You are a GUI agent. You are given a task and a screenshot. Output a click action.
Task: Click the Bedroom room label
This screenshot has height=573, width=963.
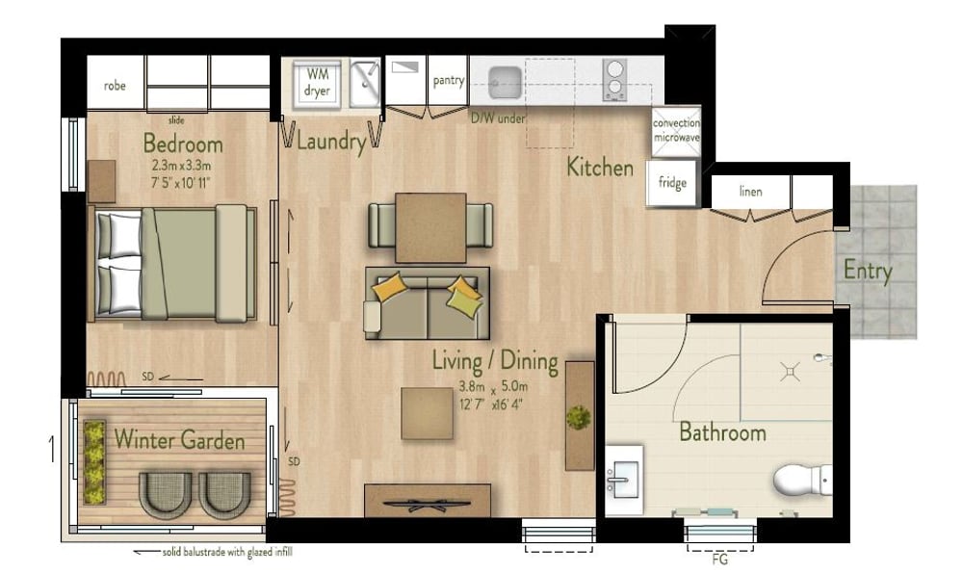183,143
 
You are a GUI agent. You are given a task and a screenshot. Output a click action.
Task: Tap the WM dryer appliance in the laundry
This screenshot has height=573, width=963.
317,84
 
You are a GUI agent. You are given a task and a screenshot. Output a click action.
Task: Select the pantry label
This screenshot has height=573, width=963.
449,81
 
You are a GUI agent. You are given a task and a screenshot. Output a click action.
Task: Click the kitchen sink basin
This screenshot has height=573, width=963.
506,82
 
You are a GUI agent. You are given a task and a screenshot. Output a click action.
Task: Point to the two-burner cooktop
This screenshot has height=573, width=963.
614,80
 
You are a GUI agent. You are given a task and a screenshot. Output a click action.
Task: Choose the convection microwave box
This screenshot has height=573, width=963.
676,131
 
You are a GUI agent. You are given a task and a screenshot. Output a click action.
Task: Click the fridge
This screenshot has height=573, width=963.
672,182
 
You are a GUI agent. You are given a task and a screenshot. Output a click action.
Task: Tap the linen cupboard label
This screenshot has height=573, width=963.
750,192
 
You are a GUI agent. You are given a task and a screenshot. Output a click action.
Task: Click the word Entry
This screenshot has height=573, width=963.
868,271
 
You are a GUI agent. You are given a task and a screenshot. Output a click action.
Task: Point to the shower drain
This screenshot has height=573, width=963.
790,371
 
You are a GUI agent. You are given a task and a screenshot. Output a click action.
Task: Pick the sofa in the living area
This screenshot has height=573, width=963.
428,302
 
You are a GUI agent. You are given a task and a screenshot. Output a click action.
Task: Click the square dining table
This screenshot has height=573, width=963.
430,227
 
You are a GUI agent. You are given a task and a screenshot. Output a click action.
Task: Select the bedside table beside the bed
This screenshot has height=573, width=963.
101,181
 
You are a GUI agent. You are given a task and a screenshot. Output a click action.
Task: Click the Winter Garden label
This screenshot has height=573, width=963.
179,440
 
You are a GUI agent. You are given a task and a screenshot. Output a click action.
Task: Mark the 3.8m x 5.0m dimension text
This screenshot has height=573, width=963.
492,387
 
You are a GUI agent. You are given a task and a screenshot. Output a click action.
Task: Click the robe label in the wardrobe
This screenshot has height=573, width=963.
115,86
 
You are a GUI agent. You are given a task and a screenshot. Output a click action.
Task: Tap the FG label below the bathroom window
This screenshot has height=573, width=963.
719,560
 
